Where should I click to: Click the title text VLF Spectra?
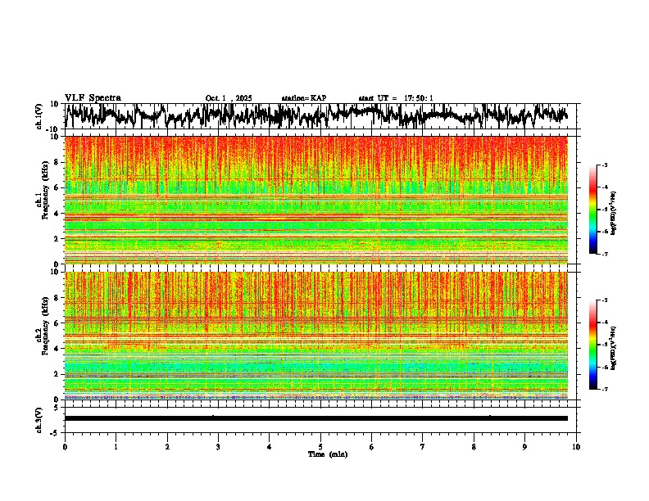click(93, 97)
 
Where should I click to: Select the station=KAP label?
click(303, 98)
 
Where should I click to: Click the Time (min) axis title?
click(326, 454)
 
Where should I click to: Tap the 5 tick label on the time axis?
click(320, 446)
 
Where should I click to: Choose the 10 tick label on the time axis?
click(576, 446)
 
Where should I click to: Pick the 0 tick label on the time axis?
click(65, 446)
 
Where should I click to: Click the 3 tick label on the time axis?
click(218, 446)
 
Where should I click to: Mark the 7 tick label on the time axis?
click(423, 446)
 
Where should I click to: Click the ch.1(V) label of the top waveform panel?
click(39, 115)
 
